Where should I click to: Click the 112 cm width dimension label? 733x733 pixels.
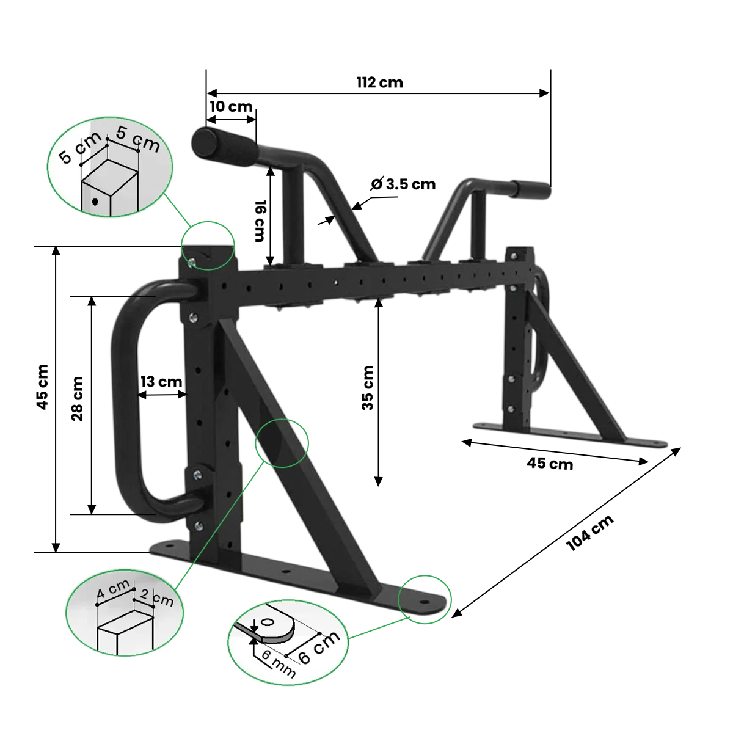click(x=379, y=82)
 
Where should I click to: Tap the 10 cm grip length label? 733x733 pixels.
click(x=232, y=106)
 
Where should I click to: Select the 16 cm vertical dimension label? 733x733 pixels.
click(x=260, y=221)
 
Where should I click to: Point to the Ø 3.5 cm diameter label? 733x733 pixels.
click(x=403, y=184)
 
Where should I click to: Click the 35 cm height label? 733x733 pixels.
click(x=368, y=388)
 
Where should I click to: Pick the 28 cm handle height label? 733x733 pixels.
click(x=77, y=399)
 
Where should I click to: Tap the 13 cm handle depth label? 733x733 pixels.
click(x=161, y=382)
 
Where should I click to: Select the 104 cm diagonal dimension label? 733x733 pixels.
click(x=589, y=533)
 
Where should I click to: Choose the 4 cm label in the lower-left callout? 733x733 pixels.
click(x=113, y=589)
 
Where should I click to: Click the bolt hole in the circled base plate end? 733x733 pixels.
click(x=425, y=603)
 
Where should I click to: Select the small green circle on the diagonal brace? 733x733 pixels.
click(x=282, y=443)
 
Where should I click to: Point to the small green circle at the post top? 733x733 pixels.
click(x=208, y=246)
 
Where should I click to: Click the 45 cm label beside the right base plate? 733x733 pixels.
click(x=550, y=464)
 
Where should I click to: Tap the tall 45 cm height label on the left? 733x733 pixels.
click(x=43, y=387)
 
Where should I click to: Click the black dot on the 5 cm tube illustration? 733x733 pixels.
click(x=95, y=201)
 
